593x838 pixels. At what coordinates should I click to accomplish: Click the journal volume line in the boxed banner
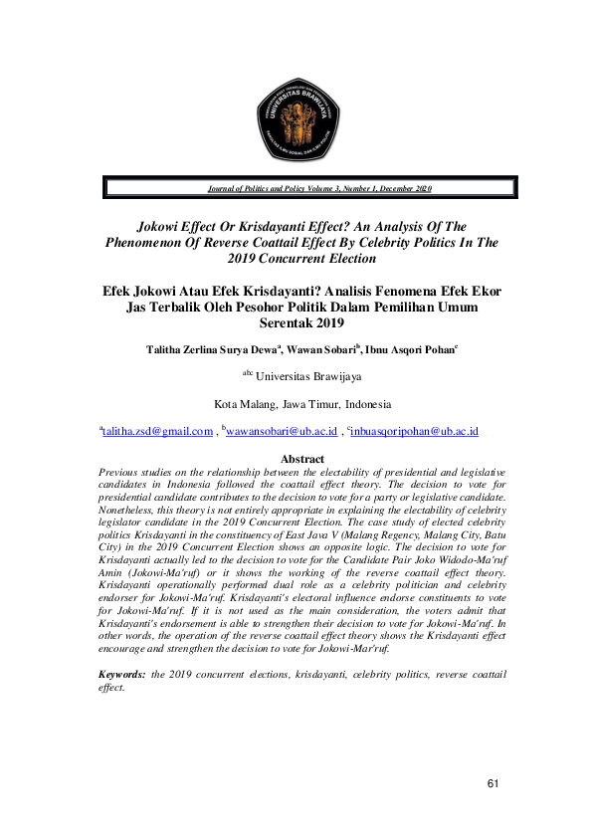point(319,188)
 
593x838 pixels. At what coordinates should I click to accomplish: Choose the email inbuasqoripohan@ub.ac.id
point(404,432)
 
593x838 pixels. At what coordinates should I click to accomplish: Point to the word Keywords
point(121,674)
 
